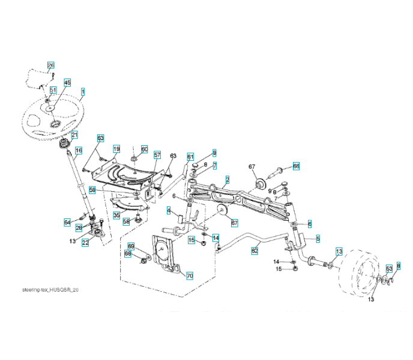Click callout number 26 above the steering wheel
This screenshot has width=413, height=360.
[x=50, y=65]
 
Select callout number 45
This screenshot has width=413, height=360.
[x=67, y=82]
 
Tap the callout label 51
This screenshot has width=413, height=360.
[x=53, y=90]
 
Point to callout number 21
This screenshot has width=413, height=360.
[x=74, y=135]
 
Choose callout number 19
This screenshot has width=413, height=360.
[x=116, y=148]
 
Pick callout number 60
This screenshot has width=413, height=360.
[x=144, y=148]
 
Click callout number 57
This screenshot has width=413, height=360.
[x=157, y=155]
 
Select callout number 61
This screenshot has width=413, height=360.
[x=190, y=157]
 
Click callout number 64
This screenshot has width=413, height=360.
[x=68, y=223]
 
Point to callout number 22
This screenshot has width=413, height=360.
[x=85, y=242]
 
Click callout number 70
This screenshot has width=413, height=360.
[x=189, y=276]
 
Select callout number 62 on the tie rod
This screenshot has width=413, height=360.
[x=255, y=251]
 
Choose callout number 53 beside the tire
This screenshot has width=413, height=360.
[x=389, y=268]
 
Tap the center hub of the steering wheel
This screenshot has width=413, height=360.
[x=55, y=123]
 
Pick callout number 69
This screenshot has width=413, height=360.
[x=131, y=247]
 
